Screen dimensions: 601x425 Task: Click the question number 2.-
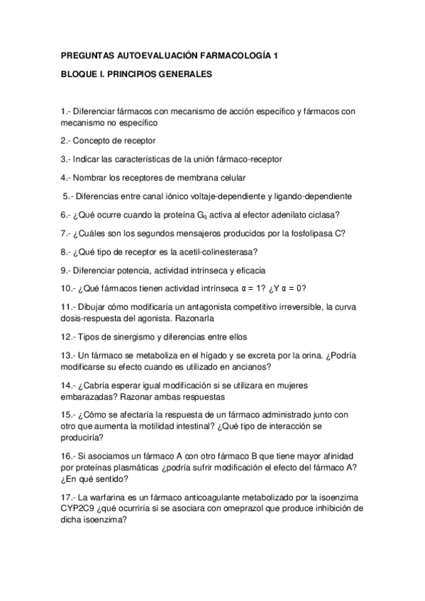point(67,140)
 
